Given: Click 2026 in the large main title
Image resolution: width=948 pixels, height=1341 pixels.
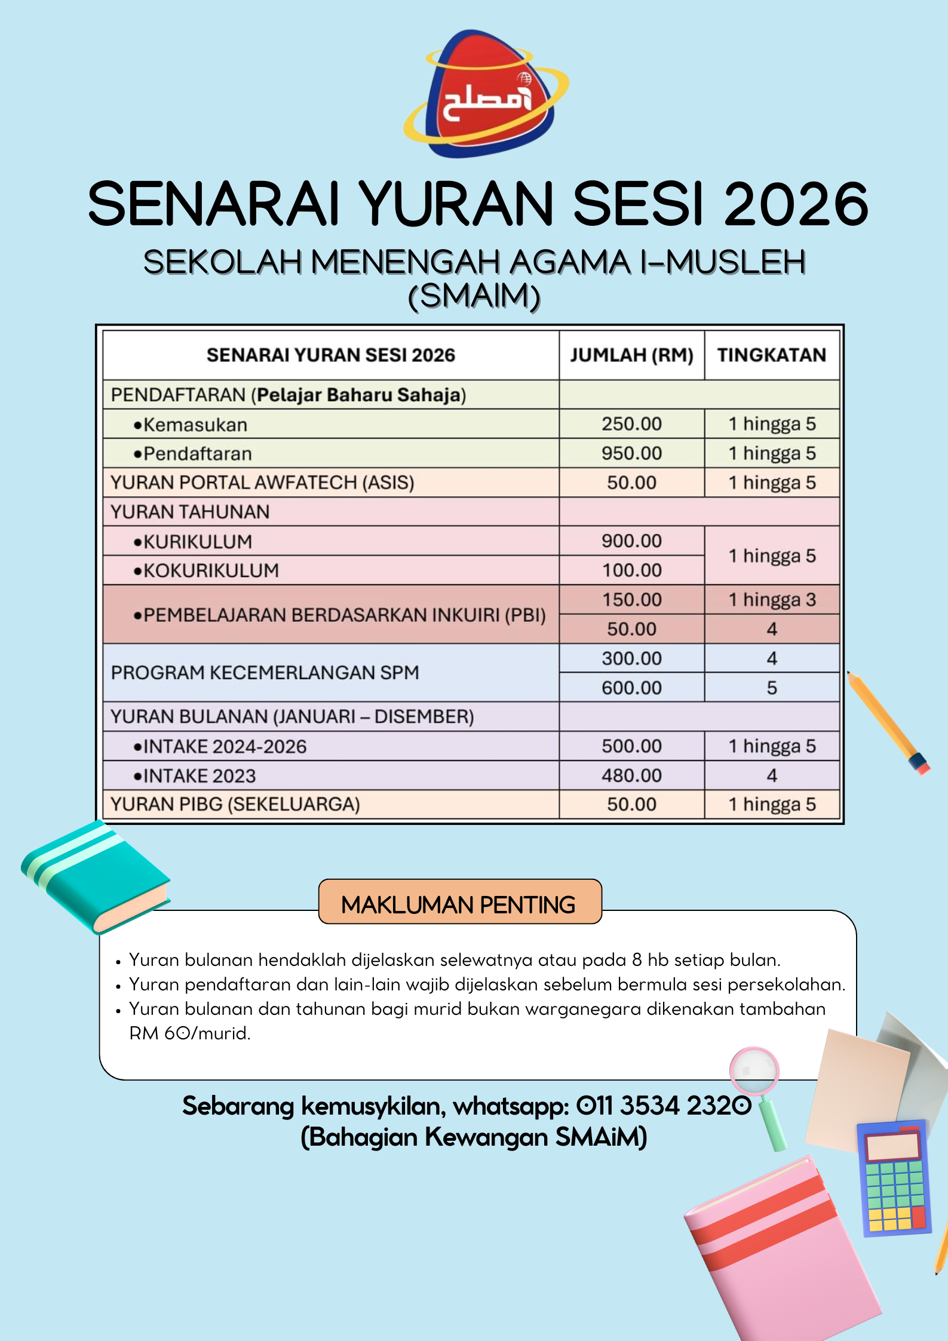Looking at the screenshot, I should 796,204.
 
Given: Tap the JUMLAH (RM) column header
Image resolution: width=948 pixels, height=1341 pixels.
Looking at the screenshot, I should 631,355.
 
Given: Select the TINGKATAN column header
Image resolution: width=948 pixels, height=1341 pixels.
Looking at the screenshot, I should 771,355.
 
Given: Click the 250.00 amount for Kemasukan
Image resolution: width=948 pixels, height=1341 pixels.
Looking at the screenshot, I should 631,424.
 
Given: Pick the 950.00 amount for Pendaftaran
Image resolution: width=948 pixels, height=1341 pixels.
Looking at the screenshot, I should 631,453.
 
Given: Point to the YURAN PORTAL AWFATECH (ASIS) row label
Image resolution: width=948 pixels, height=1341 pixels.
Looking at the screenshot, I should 262,483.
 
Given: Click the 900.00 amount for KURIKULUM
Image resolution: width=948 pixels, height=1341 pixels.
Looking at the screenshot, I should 631,541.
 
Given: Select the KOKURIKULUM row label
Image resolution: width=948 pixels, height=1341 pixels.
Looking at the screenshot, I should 211,570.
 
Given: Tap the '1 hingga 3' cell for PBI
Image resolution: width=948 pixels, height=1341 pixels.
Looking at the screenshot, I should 771,600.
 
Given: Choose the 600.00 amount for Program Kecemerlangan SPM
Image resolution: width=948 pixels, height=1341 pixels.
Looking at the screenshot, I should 631,688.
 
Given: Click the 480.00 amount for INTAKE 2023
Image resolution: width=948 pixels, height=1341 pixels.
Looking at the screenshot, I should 631,775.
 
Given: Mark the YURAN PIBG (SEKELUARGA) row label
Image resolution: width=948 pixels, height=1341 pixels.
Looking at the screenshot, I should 235,805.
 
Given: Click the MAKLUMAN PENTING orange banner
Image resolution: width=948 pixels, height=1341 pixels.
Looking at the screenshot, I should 460,902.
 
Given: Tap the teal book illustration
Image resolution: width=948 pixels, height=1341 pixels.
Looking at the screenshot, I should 96,876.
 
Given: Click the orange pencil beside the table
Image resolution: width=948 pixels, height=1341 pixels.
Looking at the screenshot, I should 888,722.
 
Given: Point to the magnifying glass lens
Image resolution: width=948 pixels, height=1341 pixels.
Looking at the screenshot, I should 754,1070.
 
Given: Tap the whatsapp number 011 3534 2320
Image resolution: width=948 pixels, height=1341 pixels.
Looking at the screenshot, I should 663,1106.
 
